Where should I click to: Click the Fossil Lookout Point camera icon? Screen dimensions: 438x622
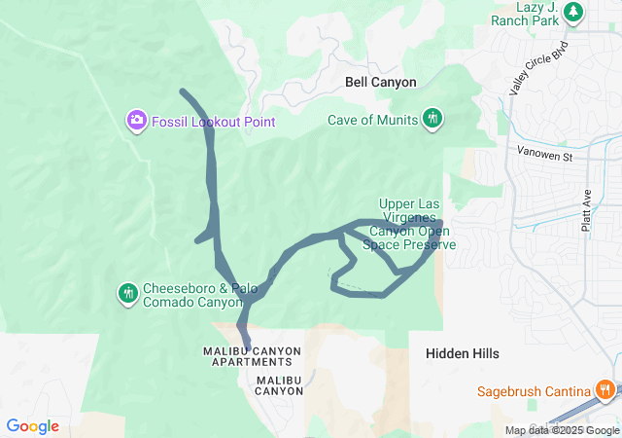pyautogui.click(x=137, y=121)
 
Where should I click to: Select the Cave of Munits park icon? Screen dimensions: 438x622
pyautogui.click(x=433, y=120)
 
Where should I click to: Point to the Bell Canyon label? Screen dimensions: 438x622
pyautogui.click(x=380, y=83)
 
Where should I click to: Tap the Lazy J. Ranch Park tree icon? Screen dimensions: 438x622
pyautogui.click(x=574, y=12)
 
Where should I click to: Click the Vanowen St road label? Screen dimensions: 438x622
pyautogui.click(x=546, y=155)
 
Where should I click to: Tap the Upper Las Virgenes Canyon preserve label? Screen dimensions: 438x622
pyautogui.click(x=409, y=225)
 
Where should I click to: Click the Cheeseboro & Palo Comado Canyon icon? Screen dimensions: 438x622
pyautogui.click(x=127, y=293)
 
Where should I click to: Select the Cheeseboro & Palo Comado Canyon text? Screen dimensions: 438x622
pyautogui.click(x=191, y=295)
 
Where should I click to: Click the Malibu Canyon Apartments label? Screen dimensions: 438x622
pyautogui.click(x=252, y=356)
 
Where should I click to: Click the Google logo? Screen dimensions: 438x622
pyautogui.click(x=32, y=426)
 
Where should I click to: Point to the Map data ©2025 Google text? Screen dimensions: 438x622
pyautogui.click(x=562, y=430)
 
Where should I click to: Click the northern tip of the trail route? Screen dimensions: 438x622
pyautogui.click(x=183, y=91)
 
